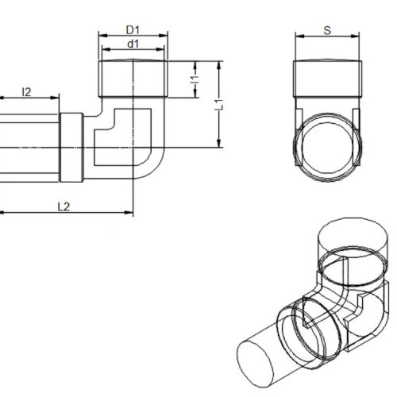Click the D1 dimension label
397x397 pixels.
point(133,30)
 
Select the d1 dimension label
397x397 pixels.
point(133,44)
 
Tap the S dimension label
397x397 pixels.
point(327,31)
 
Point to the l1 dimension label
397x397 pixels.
point(195,79)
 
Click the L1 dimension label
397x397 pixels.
point(219,105)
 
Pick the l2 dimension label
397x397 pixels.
point(26,92)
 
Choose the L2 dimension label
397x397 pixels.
point(64,207)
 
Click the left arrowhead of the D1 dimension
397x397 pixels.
point(102,36)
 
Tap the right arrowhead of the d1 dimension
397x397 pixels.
point(160,49)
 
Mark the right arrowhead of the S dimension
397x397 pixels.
point(355,36)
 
